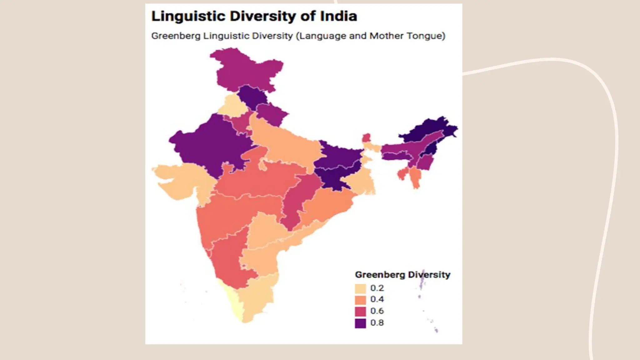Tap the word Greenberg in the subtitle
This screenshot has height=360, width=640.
point(176,36)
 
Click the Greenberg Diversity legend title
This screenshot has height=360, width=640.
point(402,275)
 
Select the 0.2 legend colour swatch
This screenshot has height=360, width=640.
point(360,288)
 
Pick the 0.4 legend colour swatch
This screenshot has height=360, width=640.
point(360,300)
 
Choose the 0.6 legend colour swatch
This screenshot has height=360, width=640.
point(360,311)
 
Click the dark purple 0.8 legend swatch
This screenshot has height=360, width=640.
point(360,323)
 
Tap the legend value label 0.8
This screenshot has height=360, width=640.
point(377,322)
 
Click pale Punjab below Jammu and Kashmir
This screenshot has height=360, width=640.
point(232,105)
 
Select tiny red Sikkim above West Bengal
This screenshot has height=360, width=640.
point(366,137)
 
